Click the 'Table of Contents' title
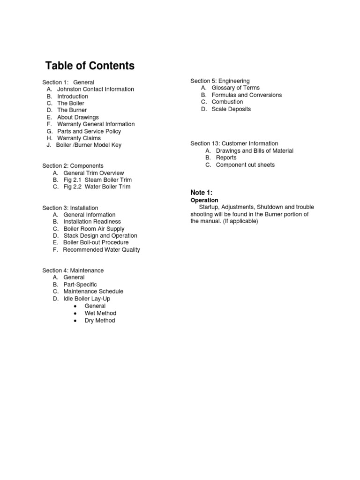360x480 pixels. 90,66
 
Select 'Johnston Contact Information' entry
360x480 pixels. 95,89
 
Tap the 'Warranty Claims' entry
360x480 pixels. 79,138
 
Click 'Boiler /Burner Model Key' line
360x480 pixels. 89,145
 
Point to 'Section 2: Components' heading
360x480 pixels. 73,166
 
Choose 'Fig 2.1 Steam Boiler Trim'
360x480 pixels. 97,180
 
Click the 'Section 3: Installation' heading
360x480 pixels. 70,208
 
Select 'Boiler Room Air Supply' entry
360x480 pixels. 94,229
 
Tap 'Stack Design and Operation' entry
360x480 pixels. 100,236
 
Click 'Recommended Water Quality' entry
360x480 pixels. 101,250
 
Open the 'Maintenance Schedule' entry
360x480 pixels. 93,292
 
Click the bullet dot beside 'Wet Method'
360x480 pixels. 75,313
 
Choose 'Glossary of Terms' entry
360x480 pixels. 235,88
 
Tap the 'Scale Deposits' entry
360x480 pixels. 231,109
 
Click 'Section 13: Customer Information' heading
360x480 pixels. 234,143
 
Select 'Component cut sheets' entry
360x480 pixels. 245,165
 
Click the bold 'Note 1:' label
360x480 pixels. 202,193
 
